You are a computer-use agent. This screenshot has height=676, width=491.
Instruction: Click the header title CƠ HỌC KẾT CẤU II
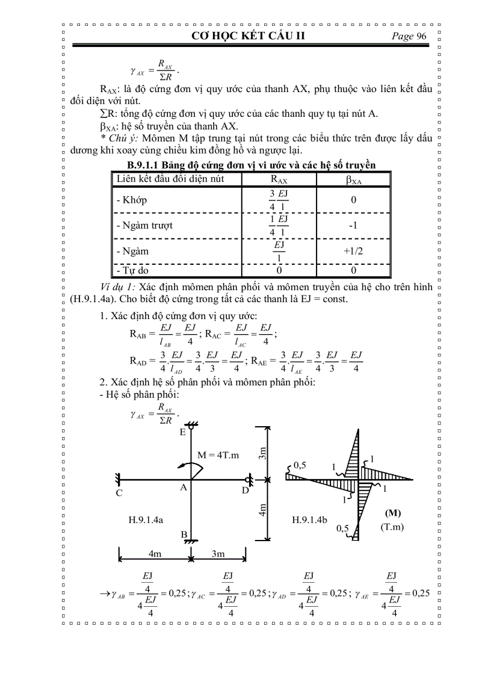coord(248,36)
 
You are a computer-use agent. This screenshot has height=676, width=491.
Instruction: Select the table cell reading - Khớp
coord(131,200)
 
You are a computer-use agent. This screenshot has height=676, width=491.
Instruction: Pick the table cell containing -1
coord(353,225)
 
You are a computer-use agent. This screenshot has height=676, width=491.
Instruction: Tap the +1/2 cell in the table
coord(353,251)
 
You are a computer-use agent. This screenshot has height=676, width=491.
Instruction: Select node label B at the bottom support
coord(184,534)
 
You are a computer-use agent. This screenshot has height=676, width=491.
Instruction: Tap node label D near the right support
coord(245,490)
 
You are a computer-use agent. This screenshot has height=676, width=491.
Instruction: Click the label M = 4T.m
coord(218,454)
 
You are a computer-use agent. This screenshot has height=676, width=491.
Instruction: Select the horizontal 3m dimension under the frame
coord(217,553)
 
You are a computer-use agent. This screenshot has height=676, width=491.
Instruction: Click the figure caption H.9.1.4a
coord(147,519)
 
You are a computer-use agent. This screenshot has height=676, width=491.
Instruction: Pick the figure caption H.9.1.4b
coord(309,519)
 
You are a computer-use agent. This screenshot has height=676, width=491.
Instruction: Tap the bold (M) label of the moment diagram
coord(392,513)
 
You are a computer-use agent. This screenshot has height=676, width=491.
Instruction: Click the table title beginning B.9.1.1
coord(251,165)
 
